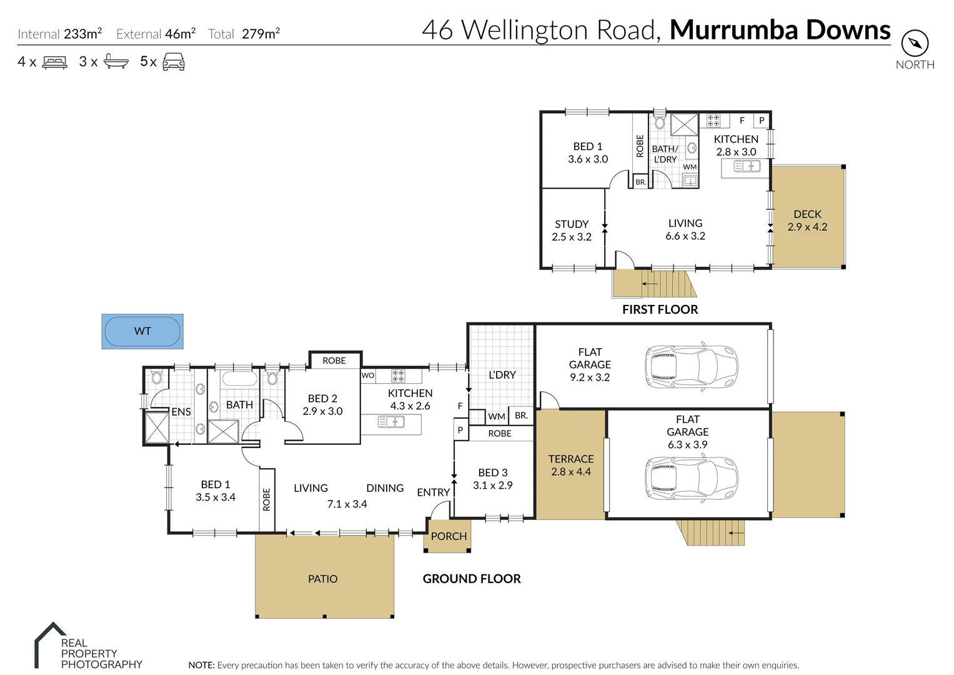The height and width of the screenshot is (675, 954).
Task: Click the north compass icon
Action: (x=915, y=44)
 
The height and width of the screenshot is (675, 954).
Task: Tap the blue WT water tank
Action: (x=142, y=331)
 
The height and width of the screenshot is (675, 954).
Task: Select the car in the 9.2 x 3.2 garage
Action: (x=691, y=365)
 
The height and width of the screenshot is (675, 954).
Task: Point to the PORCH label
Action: (x=449, y=536)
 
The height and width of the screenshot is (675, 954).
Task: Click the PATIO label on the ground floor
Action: (x=322, y=579)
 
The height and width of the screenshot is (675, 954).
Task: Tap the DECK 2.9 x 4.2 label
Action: (x=807, y=221)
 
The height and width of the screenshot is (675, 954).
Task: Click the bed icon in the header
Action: (x=54, y=62)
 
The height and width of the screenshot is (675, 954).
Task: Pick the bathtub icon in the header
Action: (x=116, y=62)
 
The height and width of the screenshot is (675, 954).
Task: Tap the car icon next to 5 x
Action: (x=174, y=62)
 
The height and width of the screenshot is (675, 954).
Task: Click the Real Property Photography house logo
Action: (x=49, y=644)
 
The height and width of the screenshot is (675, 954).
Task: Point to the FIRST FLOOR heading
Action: (x=660, y=309)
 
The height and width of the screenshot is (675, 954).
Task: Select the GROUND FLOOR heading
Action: (x=472, y=579)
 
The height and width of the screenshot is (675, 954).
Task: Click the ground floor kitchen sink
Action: (x=391, y=423)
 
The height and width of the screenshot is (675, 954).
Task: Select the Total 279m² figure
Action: (x=260, y=34)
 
